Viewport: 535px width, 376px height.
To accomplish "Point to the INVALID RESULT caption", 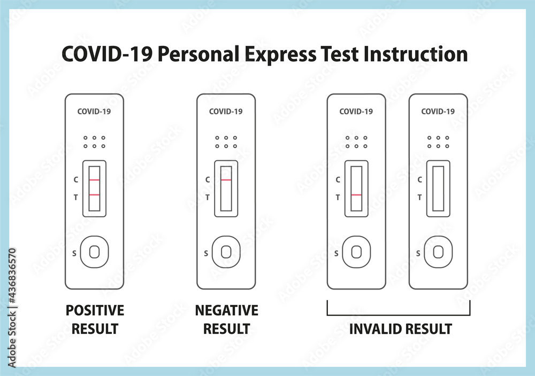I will pyautogui.click(x=400, y=328).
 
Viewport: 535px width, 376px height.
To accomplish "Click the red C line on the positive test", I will pyautogui.click(x=95, y=180).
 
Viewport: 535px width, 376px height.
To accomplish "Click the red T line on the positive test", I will pyautogui.click(x=95, y=195).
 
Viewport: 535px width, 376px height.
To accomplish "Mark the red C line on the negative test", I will pyautogui.click(x=226, y=180).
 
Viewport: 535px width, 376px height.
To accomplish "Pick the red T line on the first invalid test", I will pyautogui.click(x=356, y=195).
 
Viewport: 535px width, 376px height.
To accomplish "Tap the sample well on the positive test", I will pyautogui.click(x=95, y=252).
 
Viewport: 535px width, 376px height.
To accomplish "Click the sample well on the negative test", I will pyautogui.click(x=226, y=252).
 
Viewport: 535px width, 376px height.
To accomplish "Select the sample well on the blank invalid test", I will pyautogui.click(x=438, y=252).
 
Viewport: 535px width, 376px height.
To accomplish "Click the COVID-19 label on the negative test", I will pyautogui.click(x=226, y=112).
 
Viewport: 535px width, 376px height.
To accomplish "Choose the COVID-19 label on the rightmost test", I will pyautogui.click(x=438, y=112).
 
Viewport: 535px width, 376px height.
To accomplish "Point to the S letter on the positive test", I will pyautogui.click(x=74, y=253).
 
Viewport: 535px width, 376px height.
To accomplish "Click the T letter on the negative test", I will pyautogui.click(x=208, y=197).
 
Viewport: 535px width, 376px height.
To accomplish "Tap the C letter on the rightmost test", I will pyautogui.click(x=419, y=180).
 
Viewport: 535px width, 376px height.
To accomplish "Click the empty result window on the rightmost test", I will pyautogui.click(x=438, y=189).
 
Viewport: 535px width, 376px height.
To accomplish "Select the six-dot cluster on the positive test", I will pyautogui.click(x=95, y=142).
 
